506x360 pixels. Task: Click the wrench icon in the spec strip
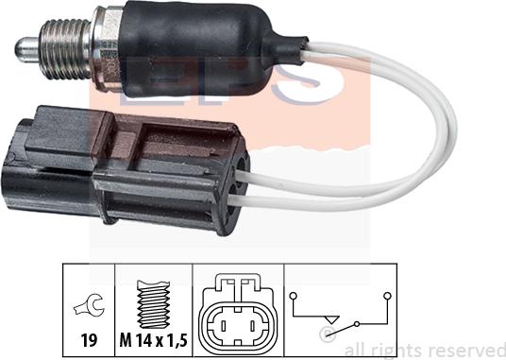coord(88,305)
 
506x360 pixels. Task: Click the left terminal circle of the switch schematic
coord(294,296)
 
